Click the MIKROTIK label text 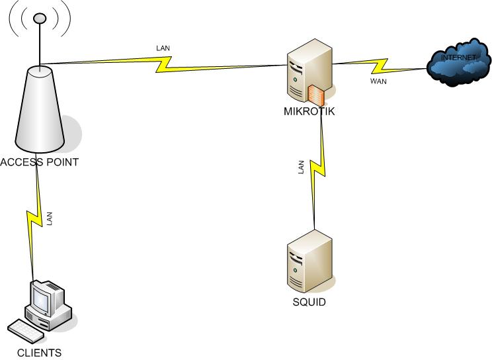point(309,111)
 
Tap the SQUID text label point(309,302)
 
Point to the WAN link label point(379,82)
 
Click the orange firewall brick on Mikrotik point(316,94)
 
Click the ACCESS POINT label point(40,162)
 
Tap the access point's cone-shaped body point(39,109)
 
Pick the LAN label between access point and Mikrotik point(163,48)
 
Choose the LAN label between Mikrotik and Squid point(302,168)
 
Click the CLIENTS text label point(39,353)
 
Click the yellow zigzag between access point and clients point(34,218)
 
